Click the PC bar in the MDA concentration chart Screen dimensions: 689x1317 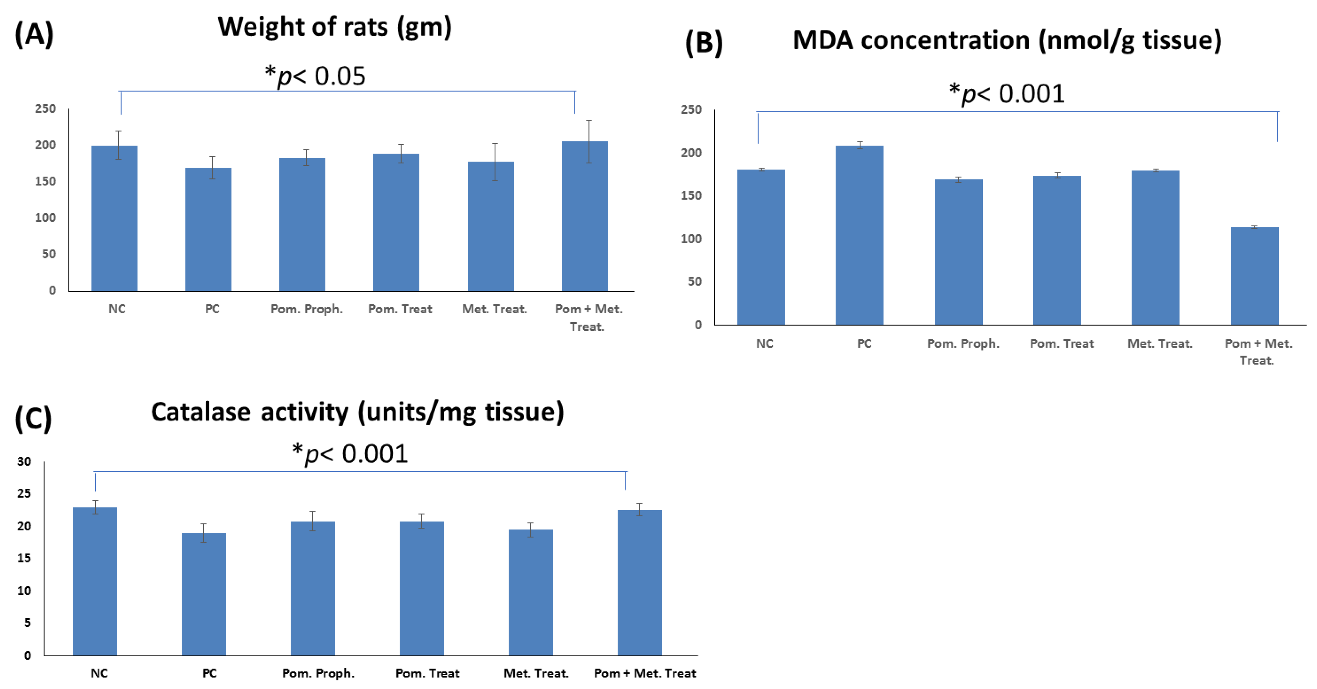pyautogui.click(x=859, y=235)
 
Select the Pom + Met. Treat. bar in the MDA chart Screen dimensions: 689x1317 pyautogui.click(x=1254, y=276)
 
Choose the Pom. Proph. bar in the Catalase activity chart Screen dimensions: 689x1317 pyautogui.click(x=312, y=588)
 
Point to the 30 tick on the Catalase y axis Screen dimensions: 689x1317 pyautogui.click(x=24, y=461)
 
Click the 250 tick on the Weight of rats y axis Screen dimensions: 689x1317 pyautogui.click(x=46, y=108)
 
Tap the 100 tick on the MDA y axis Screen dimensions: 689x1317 pyautogui.click(x=691, y=239)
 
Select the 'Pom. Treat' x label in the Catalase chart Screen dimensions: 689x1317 pyautogui.click(x=427, y=673)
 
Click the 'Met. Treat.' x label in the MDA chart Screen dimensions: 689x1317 pyautogui.click(x=1159, y=344)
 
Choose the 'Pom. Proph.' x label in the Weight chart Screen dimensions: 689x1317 pyautogui.click(x=306, y=309)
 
